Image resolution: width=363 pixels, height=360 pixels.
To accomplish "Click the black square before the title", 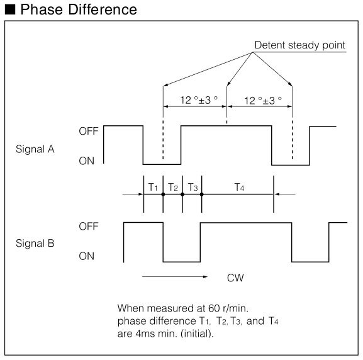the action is [10, 9].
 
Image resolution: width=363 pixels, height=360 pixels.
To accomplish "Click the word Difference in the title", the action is [103, 9].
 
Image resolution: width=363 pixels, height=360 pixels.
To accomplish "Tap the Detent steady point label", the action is [300, 45].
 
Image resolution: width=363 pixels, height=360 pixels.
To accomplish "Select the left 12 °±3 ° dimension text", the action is [199, 100].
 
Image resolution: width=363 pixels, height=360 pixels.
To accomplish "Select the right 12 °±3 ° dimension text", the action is [263, 101].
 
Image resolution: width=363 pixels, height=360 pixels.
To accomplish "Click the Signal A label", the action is [35, 149].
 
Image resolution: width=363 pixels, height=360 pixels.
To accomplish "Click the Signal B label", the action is [35, 243].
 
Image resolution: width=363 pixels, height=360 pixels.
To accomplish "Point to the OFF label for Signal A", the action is [89, 131].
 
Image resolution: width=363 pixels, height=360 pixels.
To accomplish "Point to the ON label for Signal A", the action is [86, 160].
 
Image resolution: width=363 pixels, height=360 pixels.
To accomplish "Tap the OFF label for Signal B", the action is [89, 227].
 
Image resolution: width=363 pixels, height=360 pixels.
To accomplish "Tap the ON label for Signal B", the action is [86, 256].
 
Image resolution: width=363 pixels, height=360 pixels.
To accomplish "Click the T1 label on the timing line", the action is [153, 187].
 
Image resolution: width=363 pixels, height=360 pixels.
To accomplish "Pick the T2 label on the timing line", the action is [173, 187].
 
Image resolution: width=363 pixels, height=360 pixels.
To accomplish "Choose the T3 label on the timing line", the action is [193, 187].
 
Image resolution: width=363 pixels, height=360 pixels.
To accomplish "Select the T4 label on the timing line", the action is [239, 187].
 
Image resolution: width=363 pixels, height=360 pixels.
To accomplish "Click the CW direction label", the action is [235, 278].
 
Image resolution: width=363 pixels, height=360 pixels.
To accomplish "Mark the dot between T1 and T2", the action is [163, 194].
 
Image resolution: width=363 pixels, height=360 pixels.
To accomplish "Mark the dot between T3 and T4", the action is [202, 194].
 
